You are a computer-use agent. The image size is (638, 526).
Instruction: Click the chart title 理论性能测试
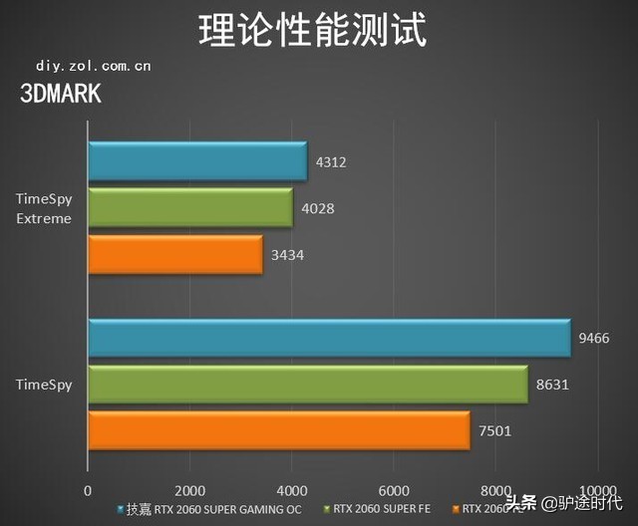(x=313, y=30)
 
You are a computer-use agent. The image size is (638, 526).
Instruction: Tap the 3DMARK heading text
(x=60, y=94)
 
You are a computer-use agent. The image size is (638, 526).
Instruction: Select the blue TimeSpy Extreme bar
(x=196, y=161)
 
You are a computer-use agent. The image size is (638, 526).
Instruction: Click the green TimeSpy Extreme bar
(x=189, y=208)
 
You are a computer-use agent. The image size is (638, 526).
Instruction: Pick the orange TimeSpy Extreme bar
(x=174, y=255)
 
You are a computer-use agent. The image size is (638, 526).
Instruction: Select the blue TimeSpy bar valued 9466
(x=328, y=339)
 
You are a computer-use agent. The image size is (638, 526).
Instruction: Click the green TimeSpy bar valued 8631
(x=307, y=385)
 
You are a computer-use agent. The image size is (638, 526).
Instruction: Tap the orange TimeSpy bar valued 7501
(x=278, y=430)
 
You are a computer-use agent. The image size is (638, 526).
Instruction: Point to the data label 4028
(x=316, y=208)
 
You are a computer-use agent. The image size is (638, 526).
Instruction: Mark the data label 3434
(x=286, y=255)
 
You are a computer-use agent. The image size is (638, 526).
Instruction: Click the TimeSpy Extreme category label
(x=44, y=208)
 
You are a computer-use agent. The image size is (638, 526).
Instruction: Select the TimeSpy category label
(x=44, y=384)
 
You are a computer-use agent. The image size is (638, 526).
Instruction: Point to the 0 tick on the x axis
(x=88, y=491)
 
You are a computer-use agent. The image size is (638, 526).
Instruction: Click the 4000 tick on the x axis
(x=291, y=491)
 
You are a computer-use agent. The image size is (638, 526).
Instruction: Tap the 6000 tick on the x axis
(x=393, y=491)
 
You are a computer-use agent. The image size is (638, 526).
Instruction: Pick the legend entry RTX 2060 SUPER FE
(x=383, y=509)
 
